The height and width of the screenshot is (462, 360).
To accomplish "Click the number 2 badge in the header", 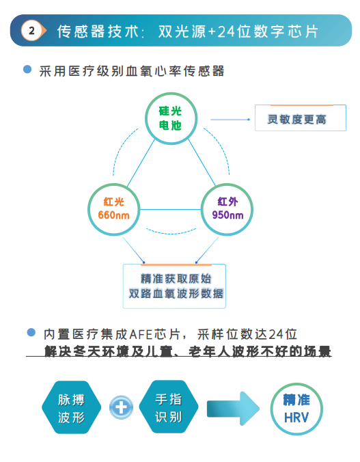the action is click(x=32, y=30).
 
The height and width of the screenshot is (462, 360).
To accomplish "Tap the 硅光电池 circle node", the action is click(x=171, y=118).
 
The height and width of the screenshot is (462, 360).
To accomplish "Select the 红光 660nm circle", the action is click(x=113, y=209).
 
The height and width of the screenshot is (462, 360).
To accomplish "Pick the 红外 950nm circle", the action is click(x=227, y=209).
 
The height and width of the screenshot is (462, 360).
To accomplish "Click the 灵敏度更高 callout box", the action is click(x=300, y=118).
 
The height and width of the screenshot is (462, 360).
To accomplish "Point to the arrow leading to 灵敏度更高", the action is click(x=230, y=120).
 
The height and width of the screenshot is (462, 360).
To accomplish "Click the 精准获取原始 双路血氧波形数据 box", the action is click(x=174, y=286).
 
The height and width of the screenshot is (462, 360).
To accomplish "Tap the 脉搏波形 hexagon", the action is click(x=71, y=407).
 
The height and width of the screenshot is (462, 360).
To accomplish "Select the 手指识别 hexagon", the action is click(x=169, y=407).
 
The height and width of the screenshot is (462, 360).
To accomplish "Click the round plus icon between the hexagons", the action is click(x=121, y=407).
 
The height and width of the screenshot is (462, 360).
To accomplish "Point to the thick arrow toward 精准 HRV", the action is click(x=233, y=409).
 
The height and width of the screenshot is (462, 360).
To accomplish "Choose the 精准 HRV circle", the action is click(x=296, y=409).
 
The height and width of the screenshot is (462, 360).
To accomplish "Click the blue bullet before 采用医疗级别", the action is click(x=27, y=70).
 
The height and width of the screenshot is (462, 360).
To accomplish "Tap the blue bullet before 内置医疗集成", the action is click(x=31, y=333).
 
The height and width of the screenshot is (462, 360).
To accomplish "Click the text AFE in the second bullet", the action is click(x=141, y=334).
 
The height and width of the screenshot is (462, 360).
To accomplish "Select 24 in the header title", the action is click(x=227, y=31).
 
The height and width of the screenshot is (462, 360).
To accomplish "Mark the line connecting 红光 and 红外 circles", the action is click(x=171, y=210).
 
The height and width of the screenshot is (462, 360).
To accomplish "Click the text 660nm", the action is click(x=113, y=215).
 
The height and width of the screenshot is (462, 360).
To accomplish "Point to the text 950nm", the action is click(x=227, y=215).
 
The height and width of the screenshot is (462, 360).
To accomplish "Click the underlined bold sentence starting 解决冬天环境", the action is click(x=188, y=351).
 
